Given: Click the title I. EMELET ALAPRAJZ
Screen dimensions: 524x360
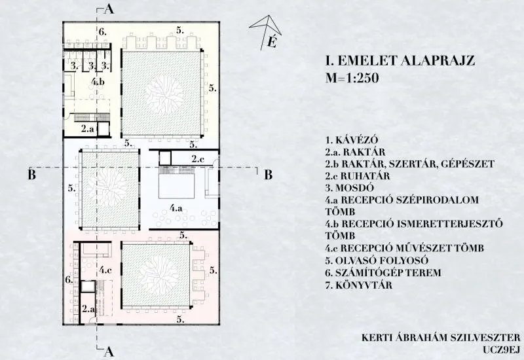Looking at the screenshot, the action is point(400,61).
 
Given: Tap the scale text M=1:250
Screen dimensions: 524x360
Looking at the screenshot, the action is point(352,78).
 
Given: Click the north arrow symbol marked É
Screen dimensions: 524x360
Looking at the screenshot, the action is point(267,32).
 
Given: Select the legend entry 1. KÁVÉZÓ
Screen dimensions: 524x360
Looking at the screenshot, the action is point(352,140).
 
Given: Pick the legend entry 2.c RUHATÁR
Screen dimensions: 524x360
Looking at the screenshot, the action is point(358,176).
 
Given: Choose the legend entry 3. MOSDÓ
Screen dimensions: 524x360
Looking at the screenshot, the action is point(350,188).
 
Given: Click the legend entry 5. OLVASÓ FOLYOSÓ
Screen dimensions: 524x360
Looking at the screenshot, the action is point(377,261).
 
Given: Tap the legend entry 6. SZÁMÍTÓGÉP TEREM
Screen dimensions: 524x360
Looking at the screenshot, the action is point(383,273).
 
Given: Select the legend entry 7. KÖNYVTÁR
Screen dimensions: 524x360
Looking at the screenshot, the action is point(359,285).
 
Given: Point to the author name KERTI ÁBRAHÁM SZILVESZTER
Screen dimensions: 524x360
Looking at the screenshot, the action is point(441,337).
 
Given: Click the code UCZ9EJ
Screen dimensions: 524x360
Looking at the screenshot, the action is point(502,350).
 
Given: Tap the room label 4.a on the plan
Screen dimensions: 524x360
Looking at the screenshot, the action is point(176,208).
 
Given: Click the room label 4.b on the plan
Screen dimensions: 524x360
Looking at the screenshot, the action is point(98,81).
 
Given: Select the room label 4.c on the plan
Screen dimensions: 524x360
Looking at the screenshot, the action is point(105,270).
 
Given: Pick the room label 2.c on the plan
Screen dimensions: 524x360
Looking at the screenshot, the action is point(198,159).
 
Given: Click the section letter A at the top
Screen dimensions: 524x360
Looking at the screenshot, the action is point(109,9).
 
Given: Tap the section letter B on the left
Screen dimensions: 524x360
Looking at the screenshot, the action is point(31,175).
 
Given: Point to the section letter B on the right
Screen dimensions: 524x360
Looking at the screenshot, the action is point(269,175).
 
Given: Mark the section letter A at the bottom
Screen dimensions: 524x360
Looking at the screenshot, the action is point(109,351).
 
